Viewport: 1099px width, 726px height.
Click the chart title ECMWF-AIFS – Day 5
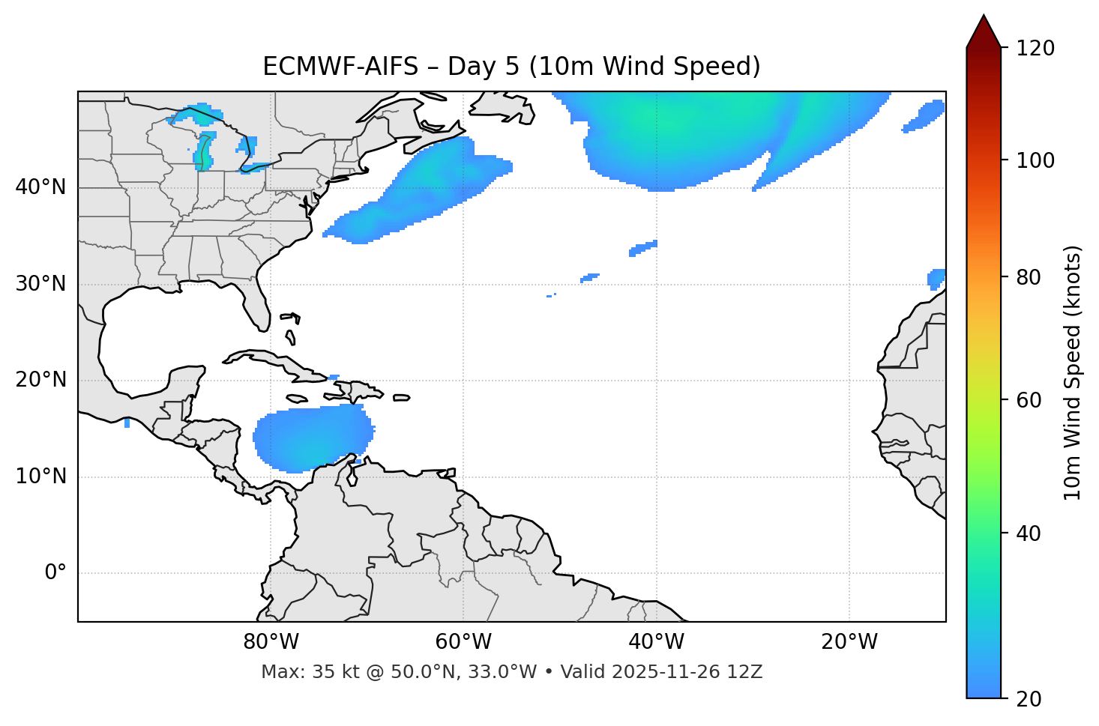coord(511,67)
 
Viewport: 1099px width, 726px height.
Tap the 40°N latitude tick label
coord(40,187)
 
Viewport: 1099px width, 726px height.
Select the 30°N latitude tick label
coord(40,284)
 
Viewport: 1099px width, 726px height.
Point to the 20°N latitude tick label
coord(40,380)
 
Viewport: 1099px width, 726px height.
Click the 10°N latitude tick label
coord(40,477)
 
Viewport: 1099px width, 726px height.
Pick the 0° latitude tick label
coord(55,573)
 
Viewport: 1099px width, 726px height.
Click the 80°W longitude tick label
coord(271,642)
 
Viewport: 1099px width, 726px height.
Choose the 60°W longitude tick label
coord(463,642)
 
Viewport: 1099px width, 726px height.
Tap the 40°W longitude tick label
coord(656,642)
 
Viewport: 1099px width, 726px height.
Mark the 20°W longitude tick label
coord(849,642)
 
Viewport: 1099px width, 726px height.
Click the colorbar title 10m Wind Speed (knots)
coord(1073,372)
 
